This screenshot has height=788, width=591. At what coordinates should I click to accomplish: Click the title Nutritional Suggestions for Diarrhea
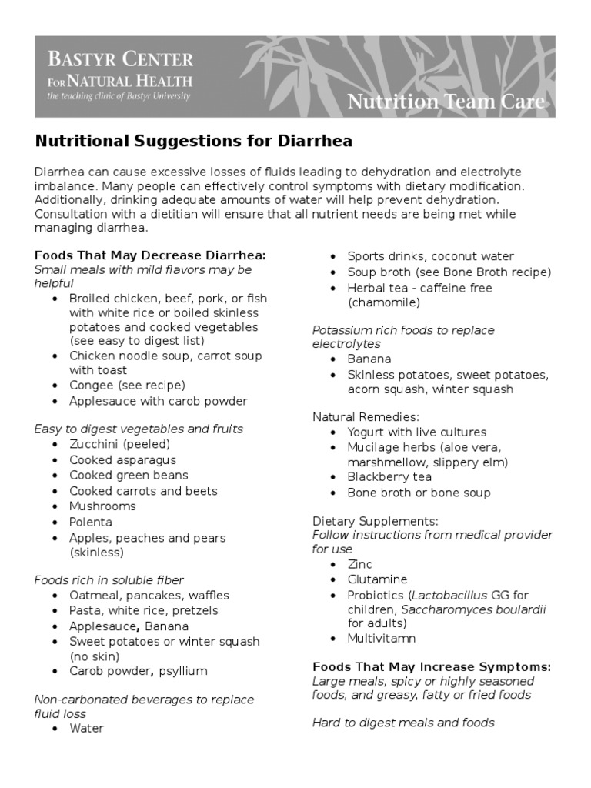(193, 142)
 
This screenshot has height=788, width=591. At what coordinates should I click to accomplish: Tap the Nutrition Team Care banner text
(446, 102)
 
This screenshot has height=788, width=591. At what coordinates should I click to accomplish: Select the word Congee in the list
(91, 386)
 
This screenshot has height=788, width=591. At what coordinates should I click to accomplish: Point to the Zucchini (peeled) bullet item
(119, 444)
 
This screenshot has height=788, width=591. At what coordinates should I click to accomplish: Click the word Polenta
(91, 522)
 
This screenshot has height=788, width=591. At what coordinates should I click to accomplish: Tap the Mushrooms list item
(102, 506)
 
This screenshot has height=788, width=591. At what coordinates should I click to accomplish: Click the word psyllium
(182, 671)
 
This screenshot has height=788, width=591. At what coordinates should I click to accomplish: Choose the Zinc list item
(359, 564)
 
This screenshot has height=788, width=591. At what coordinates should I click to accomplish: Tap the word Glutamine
(377, 579)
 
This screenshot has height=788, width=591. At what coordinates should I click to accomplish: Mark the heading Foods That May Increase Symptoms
(432, 667)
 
